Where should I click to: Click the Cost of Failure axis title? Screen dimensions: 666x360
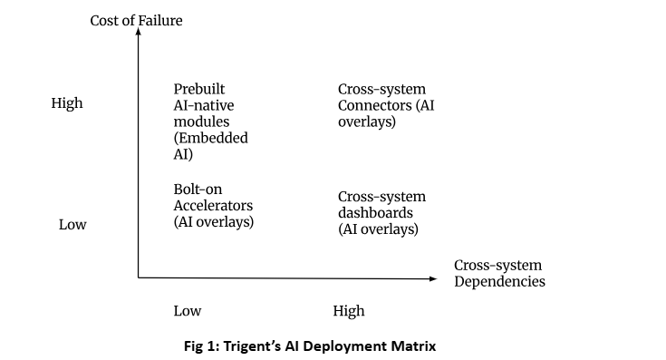pyautogui.click(x=136, y=20)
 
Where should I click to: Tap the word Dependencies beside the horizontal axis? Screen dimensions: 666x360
pyautogui.click(x=499, y=281)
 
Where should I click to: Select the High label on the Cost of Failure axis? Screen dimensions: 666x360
pyautogui.click(x=67, y=103)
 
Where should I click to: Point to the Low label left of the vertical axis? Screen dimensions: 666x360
pyautogui.click(x=72, y=224)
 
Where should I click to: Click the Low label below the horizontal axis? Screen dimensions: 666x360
pyautogui.click(x=188, y=311)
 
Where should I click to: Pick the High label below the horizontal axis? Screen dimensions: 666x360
pyautogui.click(x=349, y=311)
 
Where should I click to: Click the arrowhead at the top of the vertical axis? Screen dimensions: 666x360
pyautogui.click(x=138, y=32)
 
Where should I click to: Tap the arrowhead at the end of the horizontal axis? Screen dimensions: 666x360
pyautogui.click(x=433, y=278)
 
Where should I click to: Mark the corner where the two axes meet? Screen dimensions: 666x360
pyautogui.click(x=138, y=278)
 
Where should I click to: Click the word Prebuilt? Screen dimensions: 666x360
pyautogui.click(x=199, y=89)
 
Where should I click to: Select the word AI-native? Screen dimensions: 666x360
pyautogui.click(x=204, y=105)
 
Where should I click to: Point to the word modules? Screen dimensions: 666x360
pyautogui.click(x=201, y=122)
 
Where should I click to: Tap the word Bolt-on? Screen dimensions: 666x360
pyautogui.click(x=198, y=190)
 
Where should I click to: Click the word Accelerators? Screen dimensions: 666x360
pyautogui.click(x=213, y=205)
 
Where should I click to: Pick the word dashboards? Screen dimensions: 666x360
pyautogui.click(x=375, y=212)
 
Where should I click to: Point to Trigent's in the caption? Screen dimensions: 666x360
pyautogui.click(x=252, y=346)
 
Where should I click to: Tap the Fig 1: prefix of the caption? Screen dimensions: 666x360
pyautogui.click(x=202, y=346)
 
